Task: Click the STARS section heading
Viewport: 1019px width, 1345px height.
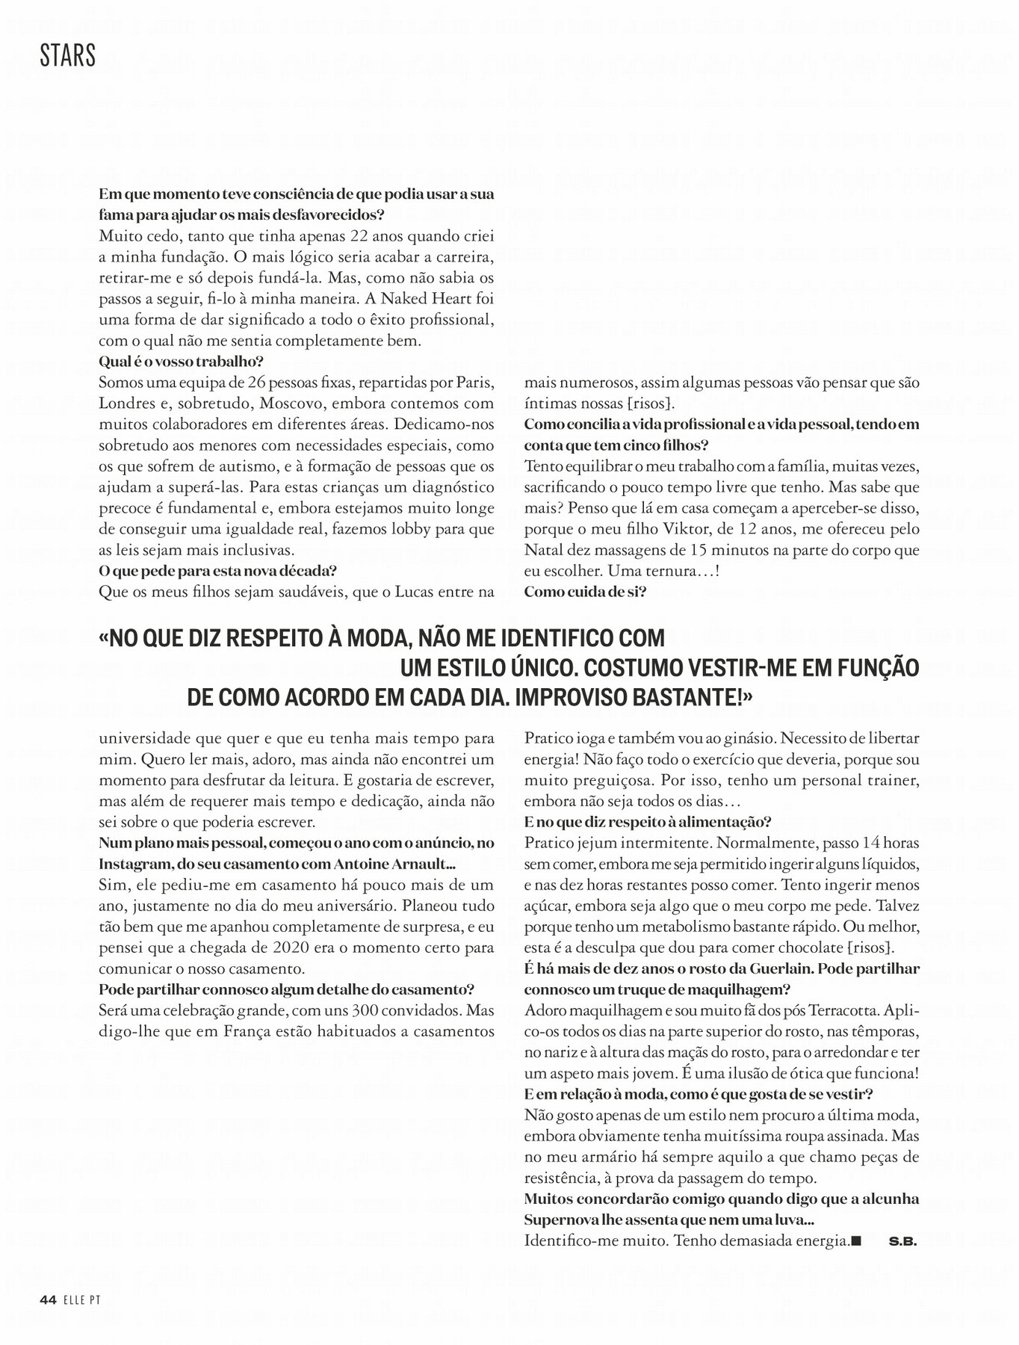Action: (x=68, y=56)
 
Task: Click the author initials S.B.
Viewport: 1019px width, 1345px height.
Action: (x=902, y=1242)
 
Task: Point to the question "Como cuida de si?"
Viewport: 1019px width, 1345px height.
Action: (x=585, y=592)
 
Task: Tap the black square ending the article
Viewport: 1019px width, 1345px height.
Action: (x=856, y=1241)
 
